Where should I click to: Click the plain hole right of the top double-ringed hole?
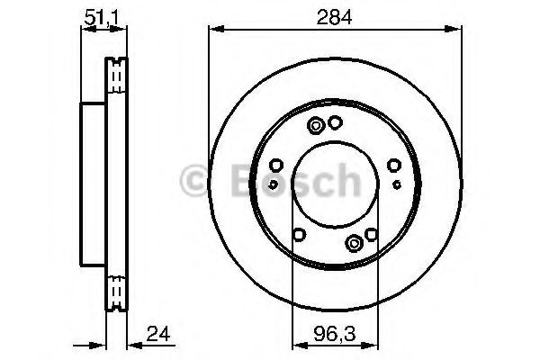click(x=335, y=123)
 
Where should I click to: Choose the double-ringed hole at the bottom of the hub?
click(x=355, y=241)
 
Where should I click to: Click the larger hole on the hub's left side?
click(x=276, y=165)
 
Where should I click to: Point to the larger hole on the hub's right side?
click(x=393, y=165)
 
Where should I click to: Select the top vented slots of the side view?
click(x=114, y=76)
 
